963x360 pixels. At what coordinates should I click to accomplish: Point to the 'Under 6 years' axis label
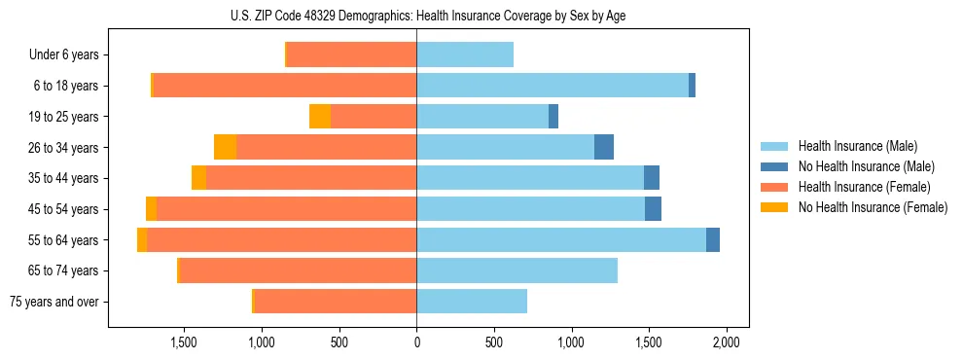[63, 55]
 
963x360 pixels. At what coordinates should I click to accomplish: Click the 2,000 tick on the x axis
[726, 342]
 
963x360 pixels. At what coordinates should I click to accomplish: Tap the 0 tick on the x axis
[416, 342]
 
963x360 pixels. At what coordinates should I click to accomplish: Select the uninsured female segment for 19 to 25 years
[320, 117]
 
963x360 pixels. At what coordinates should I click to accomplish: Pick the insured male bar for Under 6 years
[465, 55]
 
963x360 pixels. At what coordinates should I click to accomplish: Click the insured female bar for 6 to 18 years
[285, 86]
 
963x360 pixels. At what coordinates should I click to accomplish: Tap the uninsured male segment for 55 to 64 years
[713, 239]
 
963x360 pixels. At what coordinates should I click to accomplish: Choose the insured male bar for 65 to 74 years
[517, 270]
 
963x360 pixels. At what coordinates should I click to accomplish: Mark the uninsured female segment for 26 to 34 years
[226, 147]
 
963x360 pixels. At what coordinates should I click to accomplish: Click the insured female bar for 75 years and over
[336, 302]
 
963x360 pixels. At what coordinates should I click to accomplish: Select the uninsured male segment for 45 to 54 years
[653, 209]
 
